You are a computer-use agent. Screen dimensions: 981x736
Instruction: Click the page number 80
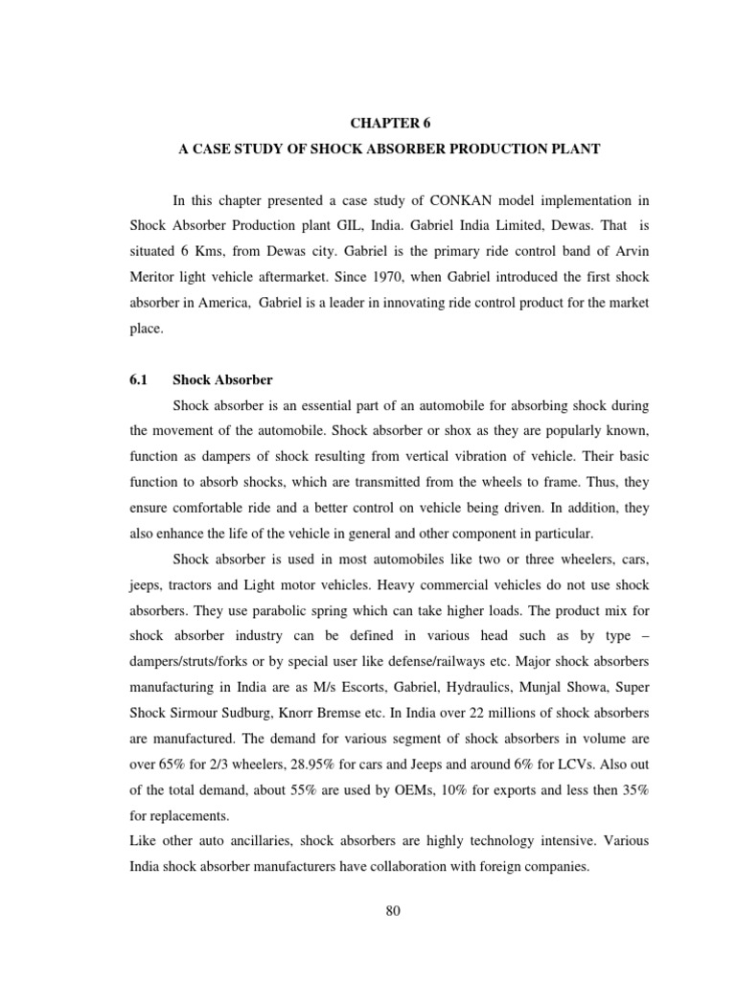pyautogui.click(x=391, y=911)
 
